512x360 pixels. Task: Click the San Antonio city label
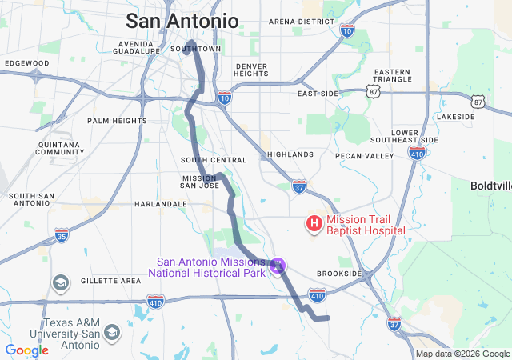pos(182,21)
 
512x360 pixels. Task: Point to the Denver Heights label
pos(251,70)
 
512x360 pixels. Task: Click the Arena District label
pos(301,22)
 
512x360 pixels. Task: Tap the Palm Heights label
pos(117,121)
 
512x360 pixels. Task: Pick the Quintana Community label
pos(60,148)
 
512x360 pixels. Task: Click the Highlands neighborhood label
pos(290,154)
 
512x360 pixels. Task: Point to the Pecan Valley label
pos(365,156)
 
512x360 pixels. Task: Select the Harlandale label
pos(160,204)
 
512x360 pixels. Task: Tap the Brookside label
pos(339,274)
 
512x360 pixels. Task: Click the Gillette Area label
pos(111,281)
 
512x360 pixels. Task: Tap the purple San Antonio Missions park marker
pos(278,266)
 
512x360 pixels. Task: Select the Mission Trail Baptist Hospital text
pos(366,225)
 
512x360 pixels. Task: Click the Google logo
pos(26,350)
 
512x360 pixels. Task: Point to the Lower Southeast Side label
pos(414,136)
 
